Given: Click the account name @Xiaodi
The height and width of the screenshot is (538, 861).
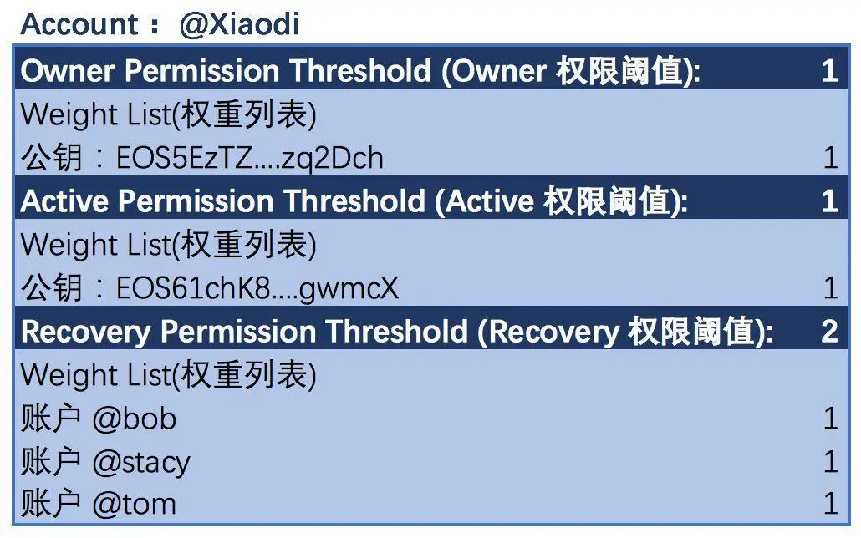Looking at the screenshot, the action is pyautogui.click(x=239, y=24).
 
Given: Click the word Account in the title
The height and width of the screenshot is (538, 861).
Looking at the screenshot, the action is pyautogui.click(x=79, y=24).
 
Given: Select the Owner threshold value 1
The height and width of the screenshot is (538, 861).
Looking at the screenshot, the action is pyautogui.click(x=830, y=71).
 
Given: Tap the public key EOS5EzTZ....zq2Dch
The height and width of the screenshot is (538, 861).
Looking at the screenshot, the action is pyautogui.click(x=250, y=158).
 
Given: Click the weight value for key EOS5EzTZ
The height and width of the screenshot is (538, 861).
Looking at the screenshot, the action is pyautogui.click(x=831, y=158).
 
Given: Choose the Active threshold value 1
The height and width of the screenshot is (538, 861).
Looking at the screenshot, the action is pyautogui.click(x=830, y=201).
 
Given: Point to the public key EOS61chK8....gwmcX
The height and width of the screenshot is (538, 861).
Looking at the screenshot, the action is pyautogui.click(x=257, y=288).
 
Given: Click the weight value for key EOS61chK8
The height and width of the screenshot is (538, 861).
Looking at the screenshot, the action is pyautogui.click(x=831, y=288).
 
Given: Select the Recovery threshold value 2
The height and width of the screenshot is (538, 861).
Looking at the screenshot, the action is pyautogui.click(x=830, y=332).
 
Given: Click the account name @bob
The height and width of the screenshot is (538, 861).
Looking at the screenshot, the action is pyautogui.click(x=135, y=419).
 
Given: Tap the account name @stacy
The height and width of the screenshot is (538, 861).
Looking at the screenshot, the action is pyautogui.click(x=141, y=462).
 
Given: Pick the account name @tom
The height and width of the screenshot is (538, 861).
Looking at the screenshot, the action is pyautogui.click(x=135, y=504).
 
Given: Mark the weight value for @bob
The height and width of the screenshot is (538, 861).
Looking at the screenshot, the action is pyautogui.click(x=831, y=419).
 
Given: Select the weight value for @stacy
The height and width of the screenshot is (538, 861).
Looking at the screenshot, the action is pyautogui.click(x=831, y=461).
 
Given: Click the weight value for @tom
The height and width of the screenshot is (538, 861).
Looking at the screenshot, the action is pyautogui.click(x=831, y=504).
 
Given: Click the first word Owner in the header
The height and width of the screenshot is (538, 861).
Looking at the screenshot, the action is pyautogui.click(x=67, y=71).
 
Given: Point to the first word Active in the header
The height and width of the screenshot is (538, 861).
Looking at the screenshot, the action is pyautogui.click(x=64, y=201).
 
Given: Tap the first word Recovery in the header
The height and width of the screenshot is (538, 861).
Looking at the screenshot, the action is pyautogui.click(x=85, y=332).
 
